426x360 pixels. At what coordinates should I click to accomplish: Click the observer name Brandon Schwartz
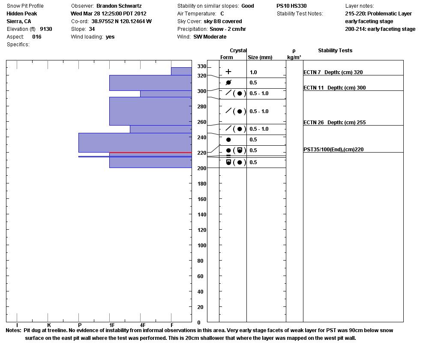click(119, 6)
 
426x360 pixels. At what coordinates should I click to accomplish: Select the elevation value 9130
click(46, 29)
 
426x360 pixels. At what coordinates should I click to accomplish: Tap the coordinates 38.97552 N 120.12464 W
click(121, 21)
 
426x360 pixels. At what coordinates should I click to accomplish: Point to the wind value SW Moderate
click(210, 37)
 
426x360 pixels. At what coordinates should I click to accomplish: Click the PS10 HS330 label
click(291, 6)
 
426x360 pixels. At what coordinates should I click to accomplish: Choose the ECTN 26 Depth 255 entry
click(334, 123)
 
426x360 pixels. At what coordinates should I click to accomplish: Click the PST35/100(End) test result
click(333, 150)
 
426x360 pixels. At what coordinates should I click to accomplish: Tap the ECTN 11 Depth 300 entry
click(334, 88)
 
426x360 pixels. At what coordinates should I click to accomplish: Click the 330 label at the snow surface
click(201, 66)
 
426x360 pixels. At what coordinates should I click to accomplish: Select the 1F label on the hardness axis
click(111, 325)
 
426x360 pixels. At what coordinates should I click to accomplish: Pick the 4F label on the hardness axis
click(142, 325)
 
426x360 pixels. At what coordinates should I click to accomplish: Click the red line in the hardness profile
click(150, 153)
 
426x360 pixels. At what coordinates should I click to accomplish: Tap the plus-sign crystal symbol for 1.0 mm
click(228, 72)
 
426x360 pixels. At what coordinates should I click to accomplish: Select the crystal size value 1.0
click(253, 72)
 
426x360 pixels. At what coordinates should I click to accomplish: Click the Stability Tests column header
click(335, 51)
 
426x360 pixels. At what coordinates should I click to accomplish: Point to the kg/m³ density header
click(294, 57)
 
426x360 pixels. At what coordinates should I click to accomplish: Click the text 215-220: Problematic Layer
click(378, 14)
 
